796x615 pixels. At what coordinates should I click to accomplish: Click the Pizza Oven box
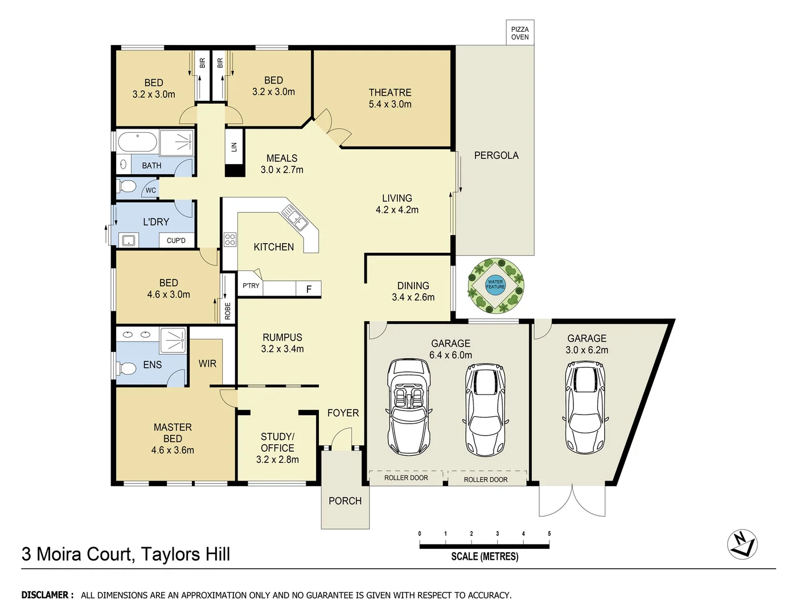tap(519, 33)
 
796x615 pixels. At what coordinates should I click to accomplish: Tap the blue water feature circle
tap(495, 284)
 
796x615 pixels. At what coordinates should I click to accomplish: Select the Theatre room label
tap(389, 92)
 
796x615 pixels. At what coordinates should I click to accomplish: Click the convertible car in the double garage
tap(408, 407)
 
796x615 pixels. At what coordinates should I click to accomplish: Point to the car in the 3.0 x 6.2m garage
tap(586, 407)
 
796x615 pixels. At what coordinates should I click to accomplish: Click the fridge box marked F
tap(309, 289)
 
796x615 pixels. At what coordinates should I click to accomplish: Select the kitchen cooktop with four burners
tap(230, 240)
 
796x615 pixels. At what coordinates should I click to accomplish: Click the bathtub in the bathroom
tap(137, 142)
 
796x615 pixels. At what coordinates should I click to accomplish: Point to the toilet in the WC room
tap(126, 187)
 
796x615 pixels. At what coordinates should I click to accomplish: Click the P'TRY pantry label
tap(251, 286)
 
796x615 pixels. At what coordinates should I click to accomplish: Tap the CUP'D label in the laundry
tap(176, 240)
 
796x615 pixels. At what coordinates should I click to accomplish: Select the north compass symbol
tap(742, 544)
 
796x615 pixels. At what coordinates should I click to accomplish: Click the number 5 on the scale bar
tap(549, 534)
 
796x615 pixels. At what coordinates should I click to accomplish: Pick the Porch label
tap(344, 501)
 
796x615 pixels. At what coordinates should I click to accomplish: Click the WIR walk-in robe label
tap(207, 363)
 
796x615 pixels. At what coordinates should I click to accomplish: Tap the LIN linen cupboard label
tap(234, 146)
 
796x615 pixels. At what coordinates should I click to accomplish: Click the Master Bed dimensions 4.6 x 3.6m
tap(173, 450)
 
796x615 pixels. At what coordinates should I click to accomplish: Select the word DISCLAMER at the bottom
tap(47, 595)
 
